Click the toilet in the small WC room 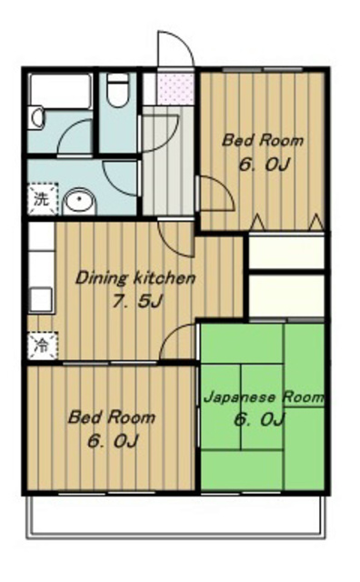(x=117, y=90)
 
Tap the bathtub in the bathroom (x=61, y=91)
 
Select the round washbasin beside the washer (x=79, y=201)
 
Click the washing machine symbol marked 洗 (x=42, y=199)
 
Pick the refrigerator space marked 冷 (x=42, y=346)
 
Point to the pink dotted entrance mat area (x=175, y=89)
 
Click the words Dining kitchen (x=135, y=278)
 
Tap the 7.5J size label (x=137, y=301)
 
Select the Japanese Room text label (x=264, y=397)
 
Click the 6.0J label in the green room (x=259, y=420)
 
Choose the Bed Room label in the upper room (x=263, y=141)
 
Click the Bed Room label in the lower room (x=111, y=417)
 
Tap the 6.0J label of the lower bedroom (x=113, y=441)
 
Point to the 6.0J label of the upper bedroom (x=264, y=164)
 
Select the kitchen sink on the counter (x=41, y=299)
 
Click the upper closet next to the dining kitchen (x=285, y=252)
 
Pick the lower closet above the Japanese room (x=285, y=296)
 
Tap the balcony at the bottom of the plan (x=176, y=517)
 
